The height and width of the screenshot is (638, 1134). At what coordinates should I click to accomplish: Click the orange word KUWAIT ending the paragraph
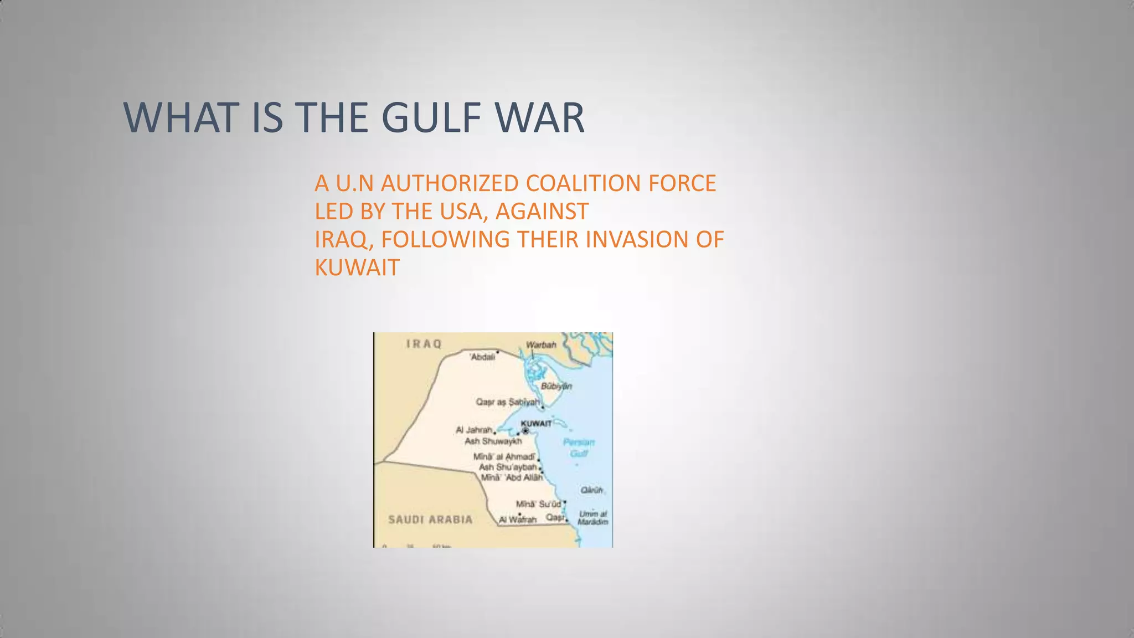point(357,268)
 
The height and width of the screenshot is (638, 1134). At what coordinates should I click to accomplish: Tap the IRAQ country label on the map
point(424,344)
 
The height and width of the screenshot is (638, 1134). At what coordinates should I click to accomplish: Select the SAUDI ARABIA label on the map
point(430,519)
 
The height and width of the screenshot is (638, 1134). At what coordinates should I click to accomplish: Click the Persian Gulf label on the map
point(579,447)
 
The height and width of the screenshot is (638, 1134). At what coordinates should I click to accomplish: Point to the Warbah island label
point(541,344)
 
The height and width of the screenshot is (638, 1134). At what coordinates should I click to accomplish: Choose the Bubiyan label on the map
point(556,386)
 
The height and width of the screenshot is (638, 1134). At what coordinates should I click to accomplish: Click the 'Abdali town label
point(482,357)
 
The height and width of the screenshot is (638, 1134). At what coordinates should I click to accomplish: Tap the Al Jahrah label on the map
point(474,430)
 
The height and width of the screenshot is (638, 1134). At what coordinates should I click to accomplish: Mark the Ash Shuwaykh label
point(493,441)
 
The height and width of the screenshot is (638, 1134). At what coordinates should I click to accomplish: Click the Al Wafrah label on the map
point(518,519)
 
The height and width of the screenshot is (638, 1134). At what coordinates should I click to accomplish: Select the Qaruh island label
point(591,490)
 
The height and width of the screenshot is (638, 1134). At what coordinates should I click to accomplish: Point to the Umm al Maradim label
point(592,518)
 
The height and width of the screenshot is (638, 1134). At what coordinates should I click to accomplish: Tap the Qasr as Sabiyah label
point(507,402)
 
